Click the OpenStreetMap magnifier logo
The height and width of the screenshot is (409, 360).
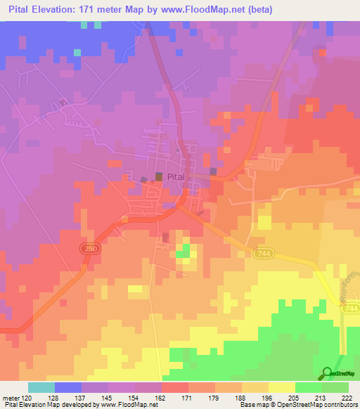coord(328,373)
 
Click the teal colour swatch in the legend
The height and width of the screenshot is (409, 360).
coord(41,387)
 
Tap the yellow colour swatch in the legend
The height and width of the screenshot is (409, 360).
coord(281,387)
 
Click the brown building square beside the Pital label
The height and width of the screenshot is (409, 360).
coord(158,177)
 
